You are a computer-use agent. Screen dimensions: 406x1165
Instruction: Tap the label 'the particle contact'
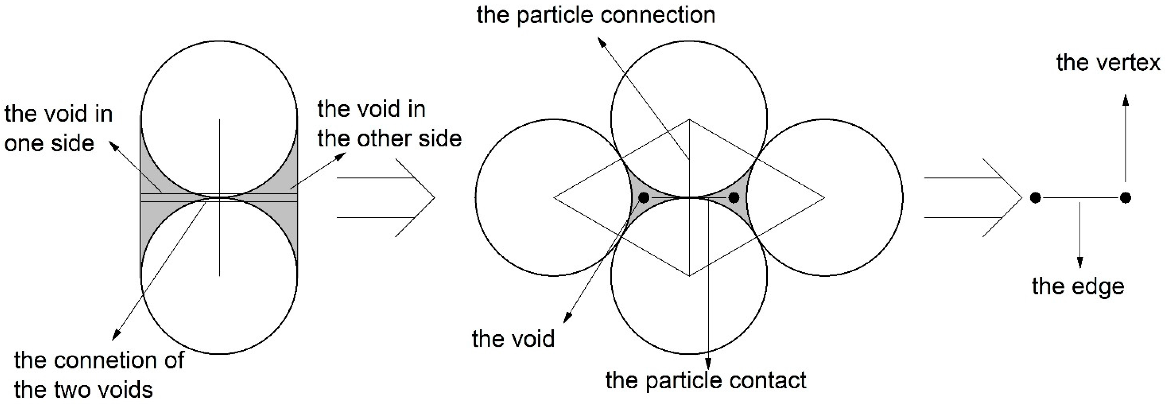click(x=705, y=380)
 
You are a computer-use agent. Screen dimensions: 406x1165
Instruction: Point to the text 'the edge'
click(x=1078, y=286)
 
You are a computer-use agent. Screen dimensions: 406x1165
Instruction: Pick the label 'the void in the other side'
click(x=389, y=124)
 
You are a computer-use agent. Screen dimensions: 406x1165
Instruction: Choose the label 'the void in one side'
click(x=58, y=128)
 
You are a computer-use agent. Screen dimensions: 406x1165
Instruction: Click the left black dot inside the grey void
click(x=644, y=197)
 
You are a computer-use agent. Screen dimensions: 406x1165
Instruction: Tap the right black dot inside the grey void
click(x=734, y=197)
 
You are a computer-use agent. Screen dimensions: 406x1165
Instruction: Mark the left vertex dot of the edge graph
click(x=1035, y=197)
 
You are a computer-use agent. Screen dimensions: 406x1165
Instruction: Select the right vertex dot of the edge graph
click(x=1126, y=197)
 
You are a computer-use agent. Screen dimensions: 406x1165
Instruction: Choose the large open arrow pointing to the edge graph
click(x=972, y=197)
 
